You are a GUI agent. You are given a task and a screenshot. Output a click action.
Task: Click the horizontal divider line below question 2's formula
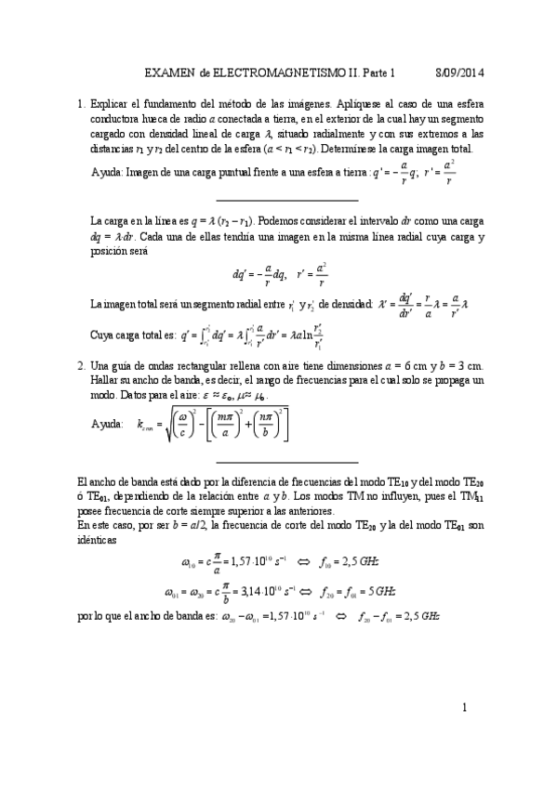click(x=286, y=461)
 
